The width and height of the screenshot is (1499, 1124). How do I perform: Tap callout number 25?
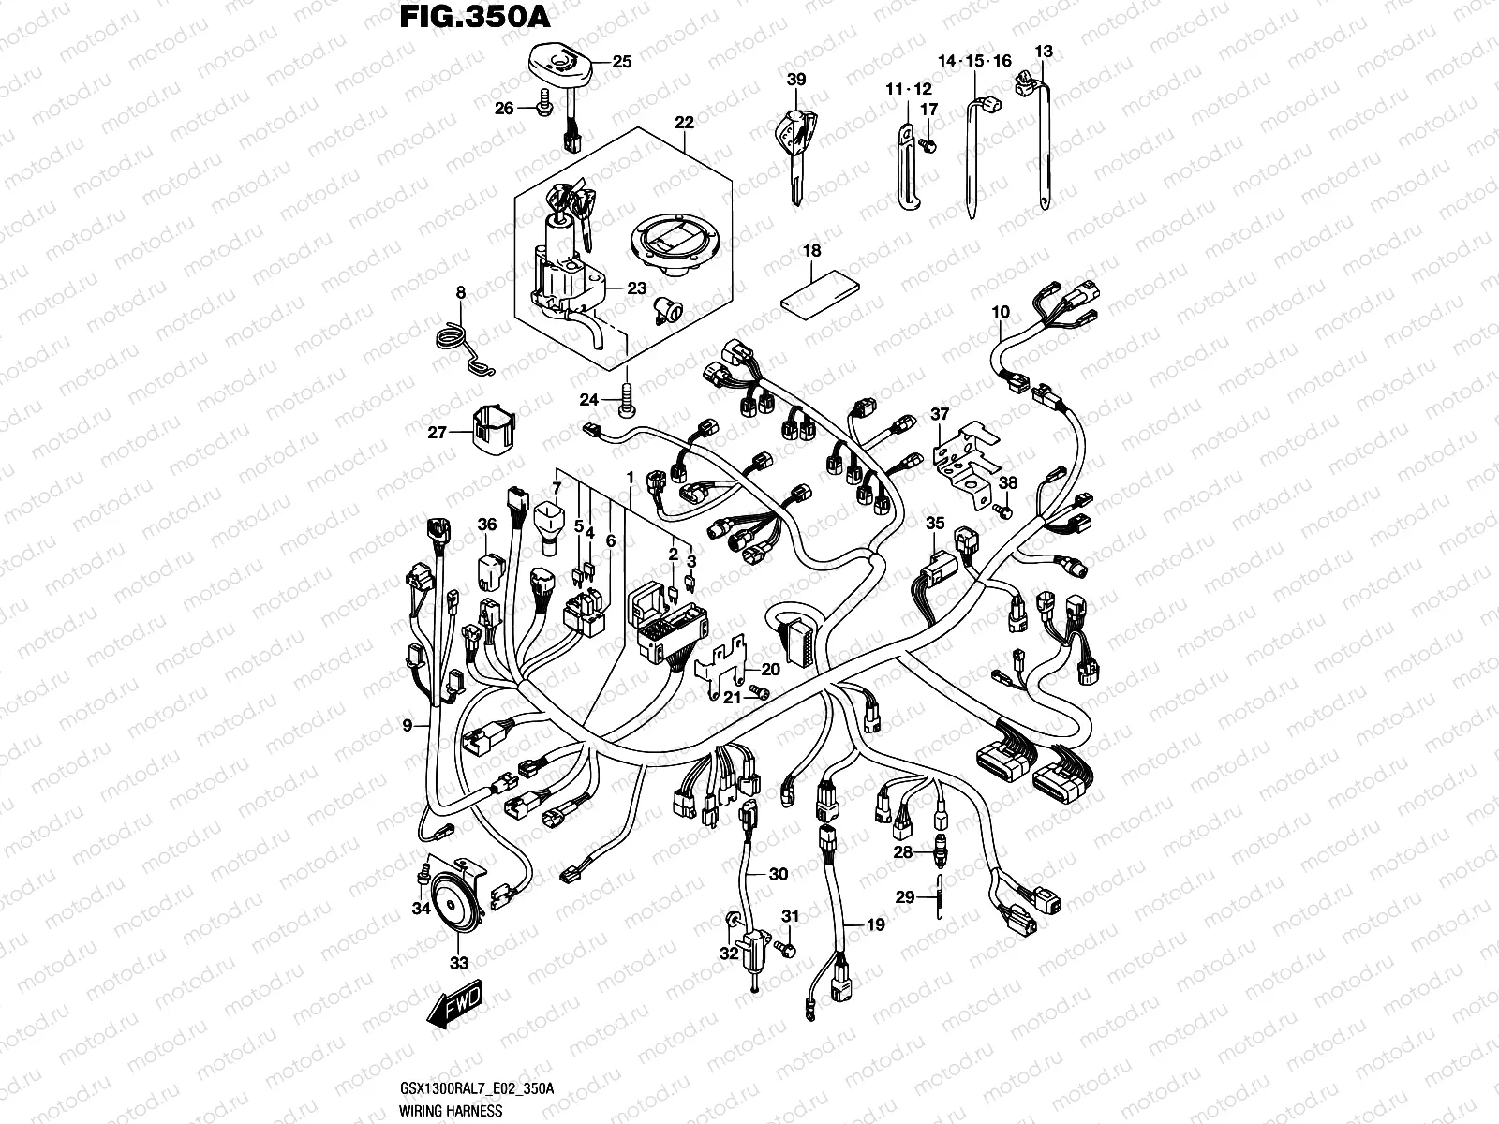click(622, 63)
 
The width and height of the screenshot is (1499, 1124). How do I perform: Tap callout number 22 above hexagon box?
click(684, 123)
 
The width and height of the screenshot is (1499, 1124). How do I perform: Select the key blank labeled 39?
click(794, 150)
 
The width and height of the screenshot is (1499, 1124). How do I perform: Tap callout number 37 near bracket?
click(939, 414)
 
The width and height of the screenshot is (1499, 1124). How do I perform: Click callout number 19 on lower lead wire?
click(875, 925)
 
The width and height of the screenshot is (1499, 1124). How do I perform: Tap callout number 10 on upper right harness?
click(1001, 311)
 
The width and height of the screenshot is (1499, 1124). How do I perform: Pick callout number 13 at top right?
click(1044, 52)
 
